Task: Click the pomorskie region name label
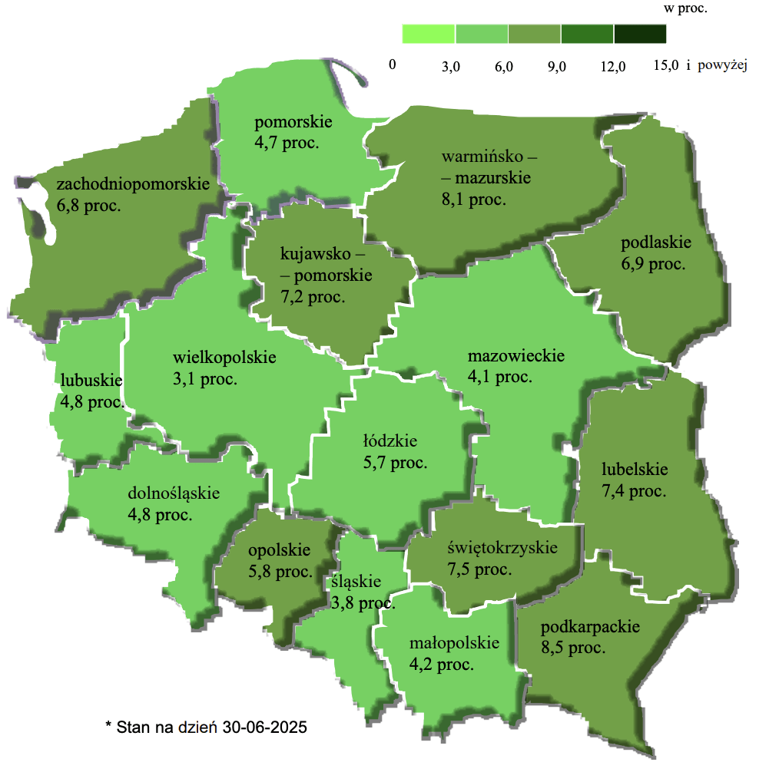pyautogui.click(x=293, y=122)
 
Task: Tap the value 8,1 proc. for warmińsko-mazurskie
pyautogui.click(x=473, y=200)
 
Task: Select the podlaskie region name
pyautogui.click(x=656, y=242)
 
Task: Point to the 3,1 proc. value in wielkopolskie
pyautogui.click(x=205, y=379)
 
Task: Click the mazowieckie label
pyautogui.click(x=516, y=356)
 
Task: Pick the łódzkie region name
pyautogui.click(x=390, y=441)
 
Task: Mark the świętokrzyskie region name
pyautogui.click(x=502, y=549)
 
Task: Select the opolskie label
pyautogui.click(x=279, y=549)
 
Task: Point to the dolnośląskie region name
pyautogui.click(x=174, y=493)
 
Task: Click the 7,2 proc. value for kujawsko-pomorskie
pyautogui.click(x=313, y=295)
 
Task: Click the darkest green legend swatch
pyautogui.click(x=640, y=35)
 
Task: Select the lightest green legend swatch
pyautogui.click(x=429, y=35)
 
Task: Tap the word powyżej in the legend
pyautogui.click(x=723, y=66)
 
